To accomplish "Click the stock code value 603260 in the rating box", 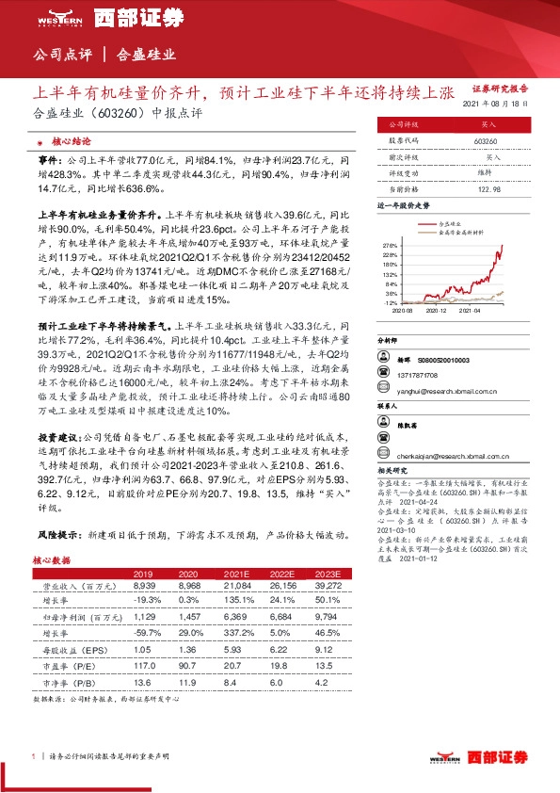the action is [x=487, y=141].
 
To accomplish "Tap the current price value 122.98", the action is [x=487, y=189].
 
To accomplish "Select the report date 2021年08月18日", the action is [x=504, y=105].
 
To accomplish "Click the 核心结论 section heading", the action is [x=72, y=140].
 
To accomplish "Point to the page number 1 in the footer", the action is [x=34, y=756].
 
